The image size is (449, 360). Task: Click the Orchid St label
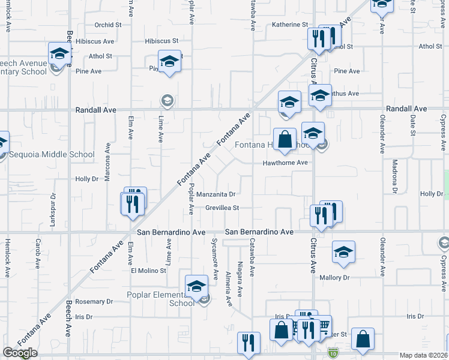(108, 25)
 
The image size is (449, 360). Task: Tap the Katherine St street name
(290, 25)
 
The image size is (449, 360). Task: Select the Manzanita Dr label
(215, 194)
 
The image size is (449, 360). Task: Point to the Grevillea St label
(223, 208)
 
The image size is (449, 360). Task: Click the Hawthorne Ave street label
(285, 163)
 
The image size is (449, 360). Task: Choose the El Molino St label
(148, 271)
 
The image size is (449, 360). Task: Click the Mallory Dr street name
(334, 278)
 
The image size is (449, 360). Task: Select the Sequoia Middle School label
(52, 154)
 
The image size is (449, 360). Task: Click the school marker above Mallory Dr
(343, 252)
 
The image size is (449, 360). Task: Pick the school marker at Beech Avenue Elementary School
(59, 53)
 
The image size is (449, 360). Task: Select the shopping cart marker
(323, 326)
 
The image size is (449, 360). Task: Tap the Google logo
(20, 353)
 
